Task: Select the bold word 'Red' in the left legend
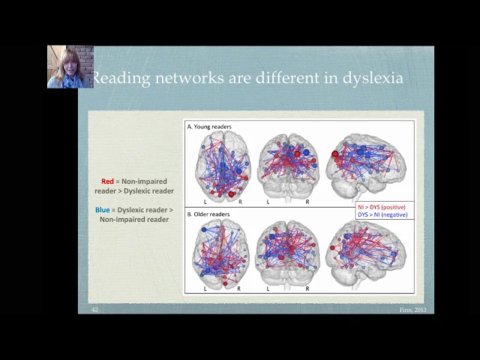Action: point(108,181)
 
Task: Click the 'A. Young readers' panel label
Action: point(209,127)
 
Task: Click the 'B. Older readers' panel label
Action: point(208,214)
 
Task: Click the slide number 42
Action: point(95,310)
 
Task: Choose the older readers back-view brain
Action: point(289,252)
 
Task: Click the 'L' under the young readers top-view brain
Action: point(205,202)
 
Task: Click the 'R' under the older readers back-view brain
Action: point(307,288)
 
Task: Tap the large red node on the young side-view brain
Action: point(335,154)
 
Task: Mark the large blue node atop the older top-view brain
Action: point(203,229)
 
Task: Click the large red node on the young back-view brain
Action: point(298,154)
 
